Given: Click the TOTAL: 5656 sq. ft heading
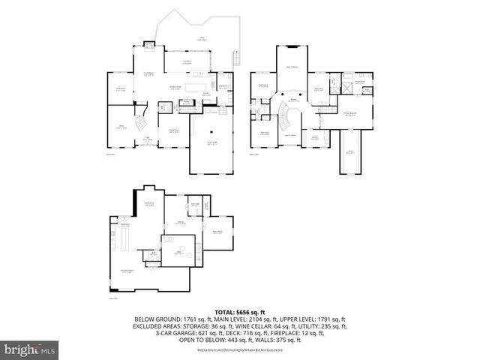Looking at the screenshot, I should (239, 311).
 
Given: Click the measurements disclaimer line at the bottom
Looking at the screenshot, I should (239, 350).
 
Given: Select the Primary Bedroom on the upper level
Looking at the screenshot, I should (349, 113).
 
